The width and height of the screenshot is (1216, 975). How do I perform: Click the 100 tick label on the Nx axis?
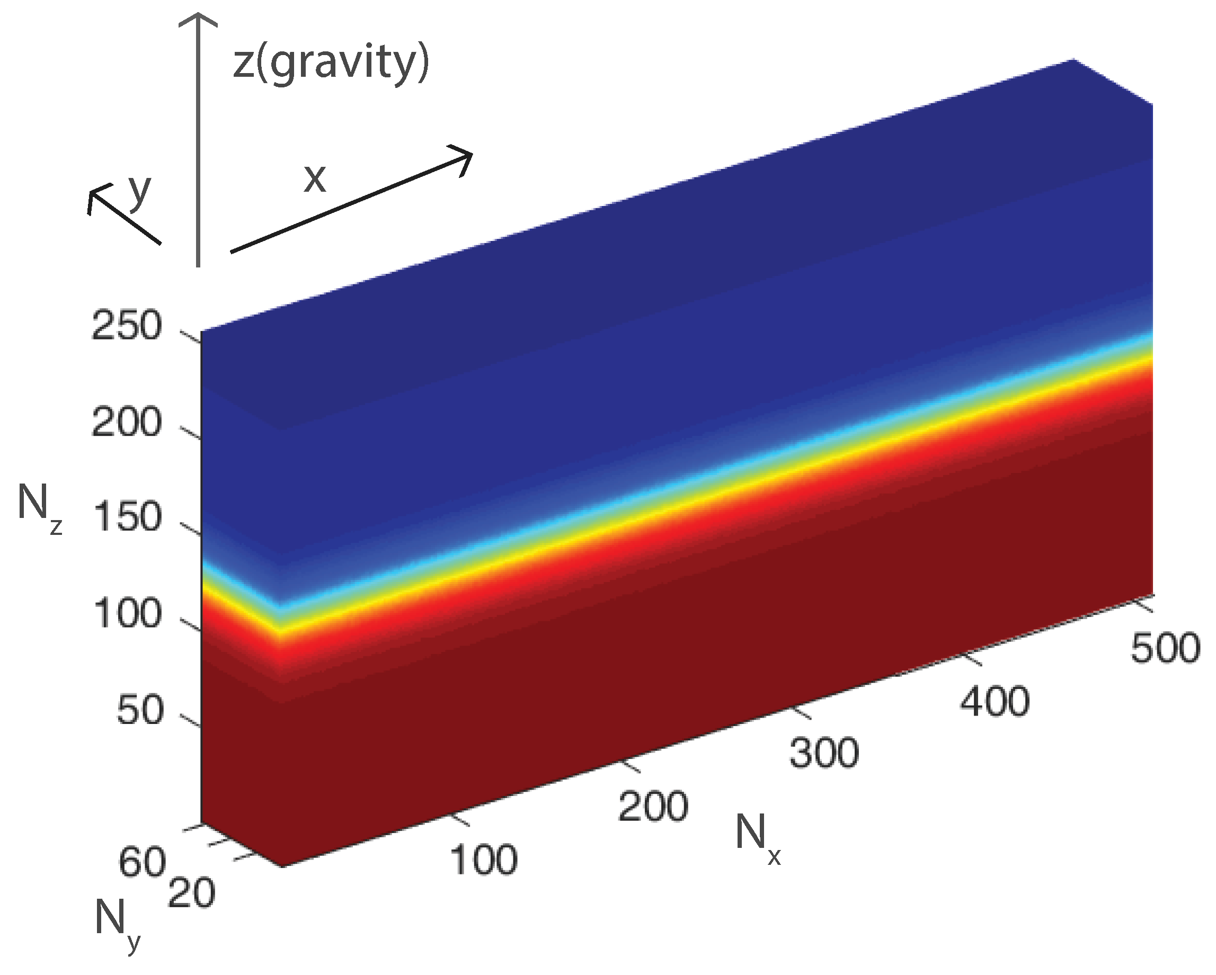(x=483, y=860)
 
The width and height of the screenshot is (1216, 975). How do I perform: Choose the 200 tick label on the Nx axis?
(x=653, y=807)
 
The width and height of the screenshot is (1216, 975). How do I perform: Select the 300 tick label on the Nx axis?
(x=823, y=753)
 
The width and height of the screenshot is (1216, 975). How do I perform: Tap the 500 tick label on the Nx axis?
(x=1165, y=648)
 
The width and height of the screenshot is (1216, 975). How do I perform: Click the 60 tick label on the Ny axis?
(x=141, y=862)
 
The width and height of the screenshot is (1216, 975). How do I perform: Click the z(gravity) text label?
(x=331, y=63)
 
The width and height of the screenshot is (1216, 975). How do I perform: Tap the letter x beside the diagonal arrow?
(x=315, y=180)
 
